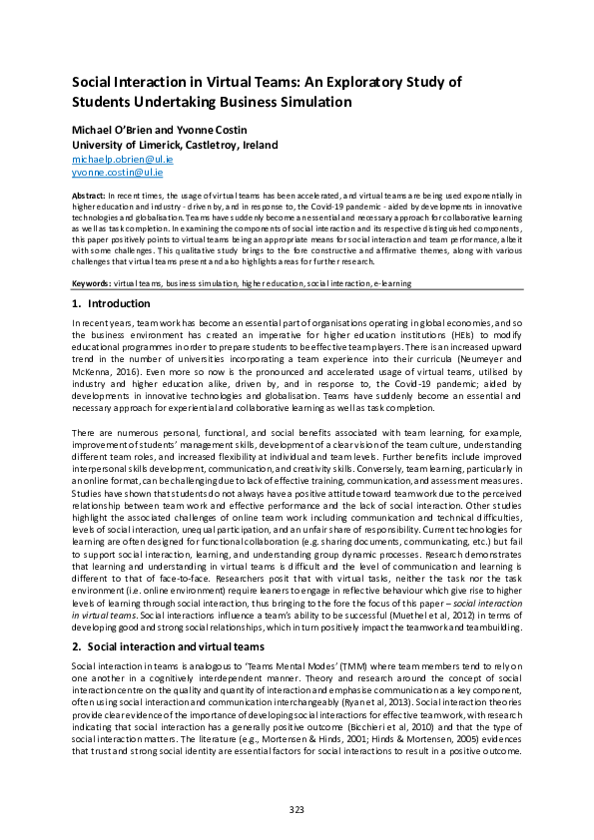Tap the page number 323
(x=297, y=808)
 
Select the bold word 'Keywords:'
(x=92, y=283)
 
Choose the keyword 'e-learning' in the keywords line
(x=389, y=283)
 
